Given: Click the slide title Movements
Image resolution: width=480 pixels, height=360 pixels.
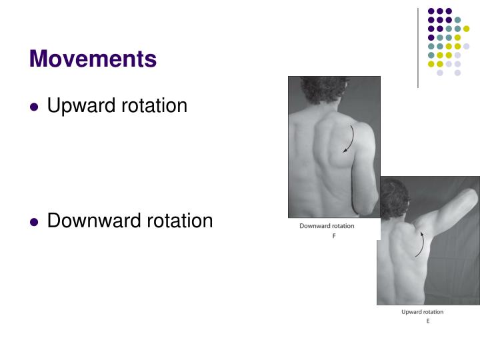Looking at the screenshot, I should coord(93,59).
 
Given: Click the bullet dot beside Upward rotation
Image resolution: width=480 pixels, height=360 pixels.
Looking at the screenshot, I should coord(35,107).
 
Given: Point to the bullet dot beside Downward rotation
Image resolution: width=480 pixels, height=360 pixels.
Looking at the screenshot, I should coord(35,221).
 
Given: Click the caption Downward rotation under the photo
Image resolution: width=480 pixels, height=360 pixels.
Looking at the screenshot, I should coord(327,226).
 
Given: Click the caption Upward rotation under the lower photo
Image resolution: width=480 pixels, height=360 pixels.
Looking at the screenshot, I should coord(422,312).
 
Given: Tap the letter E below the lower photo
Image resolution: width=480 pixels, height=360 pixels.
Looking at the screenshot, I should coord(427,321).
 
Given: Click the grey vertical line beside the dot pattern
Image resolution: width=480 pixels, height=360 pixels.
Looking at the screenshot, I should coord(418,47).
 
